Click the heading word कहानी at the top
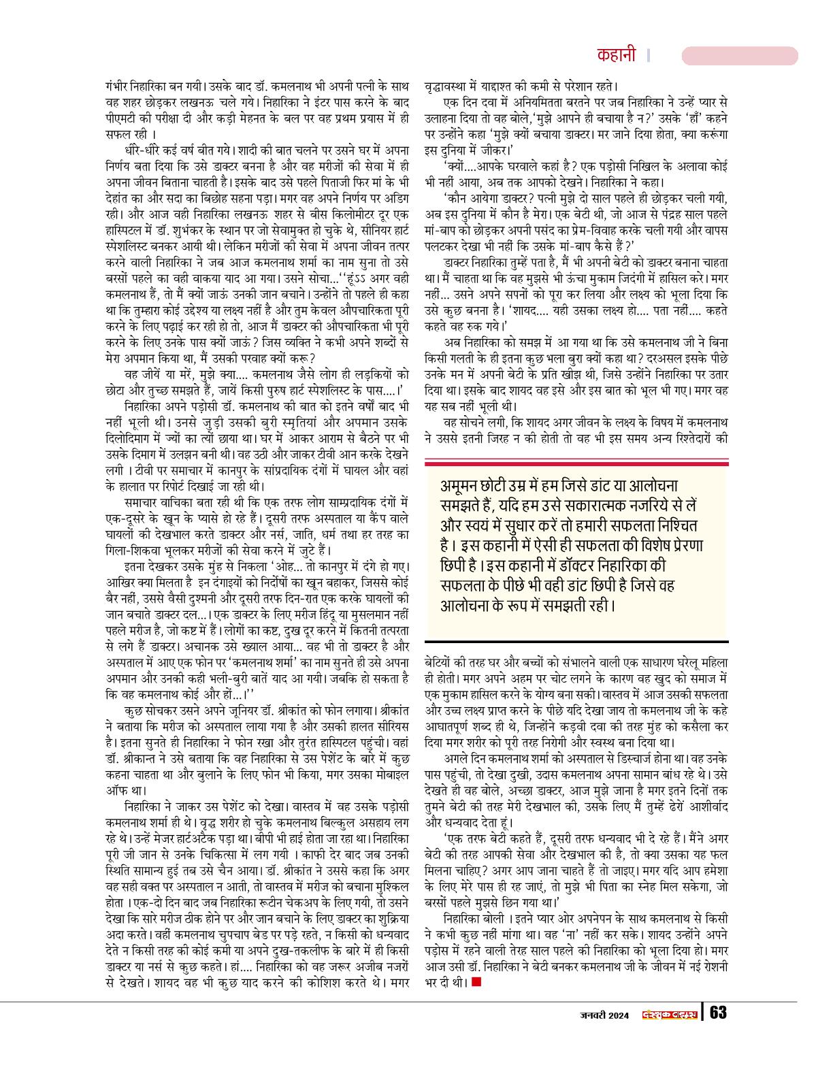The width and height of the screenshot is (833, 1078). coord(616,55)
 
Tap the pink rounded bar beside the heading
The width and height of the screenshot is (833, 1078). coord(739,56)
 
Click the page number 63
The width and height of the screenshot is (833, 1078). coord(718,1013)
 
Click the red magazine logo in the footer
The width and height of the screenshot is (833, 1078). coord(670,1014)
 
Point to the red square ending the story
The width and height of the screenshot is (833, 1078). coord(476,981)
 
